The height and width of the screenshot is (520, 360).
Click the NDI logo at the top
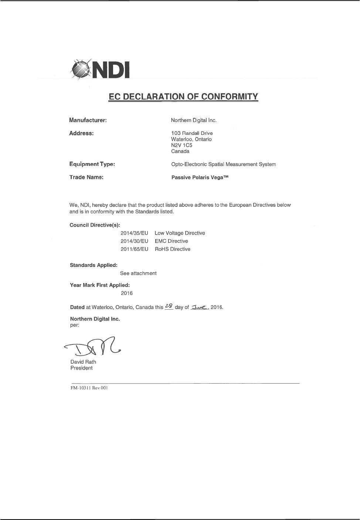click(x=100, y=69)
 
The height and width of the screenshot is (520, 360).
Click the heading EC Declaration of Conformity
click(x=183, y=96)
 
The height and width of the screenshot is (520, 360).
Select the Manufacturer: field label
click(x=88, y=120)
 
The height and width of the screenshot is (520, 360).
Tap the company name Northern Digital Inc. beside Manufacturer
click(x=194, y=120)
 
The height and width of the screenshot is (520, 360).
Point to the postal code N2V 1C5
click(x=181, y=145)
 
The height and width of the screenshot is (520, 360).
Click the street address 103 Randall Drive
click(x=192, y=133)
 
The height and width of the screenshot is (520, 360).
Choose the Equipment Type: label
click(x=92, y=164)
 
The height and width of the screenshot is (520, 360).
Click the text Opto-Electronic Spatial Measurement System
click(x=223, y=164)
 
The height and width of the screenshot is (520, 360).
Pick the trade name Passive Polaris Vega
click(x=200, y=177)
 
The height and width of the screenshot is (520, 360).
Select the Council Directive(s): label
click(x=95, y=225)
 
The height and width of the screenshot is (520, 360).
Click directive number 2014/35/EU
click(x=134, y=233)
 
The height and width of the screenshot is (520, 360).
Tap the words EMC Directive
click(x=171, y=241)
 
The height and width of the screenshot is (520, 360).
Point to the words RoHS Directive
click(x=172, y=249)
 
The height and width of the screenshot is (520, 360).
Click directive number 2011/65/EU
click(x=134, y=249)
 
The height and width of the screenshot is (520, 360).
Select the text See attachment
click(x=138, y=273)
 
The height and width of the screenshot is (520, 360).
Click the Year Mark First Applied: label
click(x=100, y=285)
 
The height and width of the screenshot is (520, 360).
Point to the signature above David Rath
click(x=92, y=346)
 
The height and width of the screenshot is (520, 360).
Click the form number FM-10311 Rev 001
click(x=89, y=388)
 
